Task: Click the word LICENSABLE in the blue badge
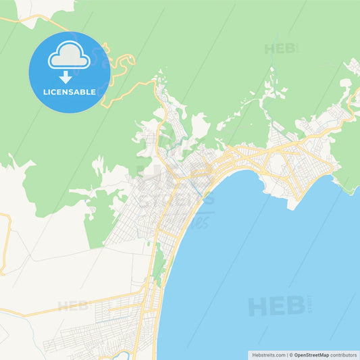pyautogui.click(x=70, y=91)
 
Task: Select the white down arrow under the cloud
pyautogui.click(x=66, y=77)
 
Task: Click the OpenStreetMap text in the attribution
pyautogui.click(x=311, y=355)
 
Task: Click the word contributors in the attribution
pyautogui.click(x=344, y=355)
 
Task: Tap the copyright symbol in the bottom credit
pyautogui.click(x=291, y=355)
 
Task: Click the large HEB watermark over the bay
pyautogui.click(x=277, y=306)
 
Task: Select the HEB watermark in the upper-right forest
pyautogui.click(x=280, y=49)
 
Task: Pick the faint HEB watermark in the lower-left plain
pyautogui.click(x=73, y=306)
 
